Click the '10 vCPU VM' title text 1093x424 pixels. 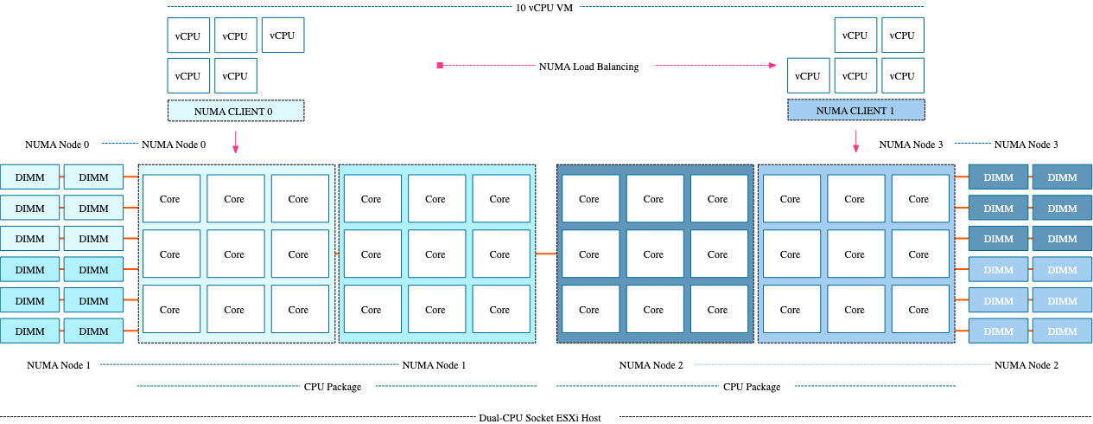pos(544,7)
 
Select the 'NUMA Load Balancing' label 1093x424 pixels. pos(588,67)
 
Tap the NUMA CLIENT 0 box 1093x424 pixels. pos(235,111)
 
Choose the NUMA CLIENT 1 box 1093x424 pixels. pos(855,111)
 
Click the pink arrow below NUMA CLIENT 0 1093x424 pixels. pos(235,143)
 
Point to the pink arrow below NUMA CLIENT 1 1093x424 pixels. pos(855,143)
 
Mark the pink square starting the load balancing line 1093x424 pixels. pos(440,66)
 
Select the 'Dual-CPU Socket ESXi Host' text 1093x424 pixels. pos(539,417)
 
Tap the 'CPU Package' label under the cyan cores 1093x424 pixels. pos(332,387)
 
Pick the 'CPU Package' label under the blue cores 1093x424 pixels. pos(751,387)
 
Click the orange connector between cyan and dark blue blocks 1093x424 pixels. pos(545,254)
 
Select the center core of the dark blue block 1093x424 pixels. pos(653,254)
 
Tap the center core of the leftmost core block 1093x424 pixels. pos(234,254)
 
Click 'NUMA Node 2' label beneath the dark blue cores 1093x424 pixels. pos(651,365)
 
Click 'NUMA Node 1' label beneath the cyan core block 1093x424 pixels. pos(434,365)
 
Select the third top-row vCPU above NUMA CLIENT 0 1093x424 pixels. pos(283,35)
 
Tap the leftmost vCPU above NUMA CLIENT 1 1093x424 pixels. pos(808,76)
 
